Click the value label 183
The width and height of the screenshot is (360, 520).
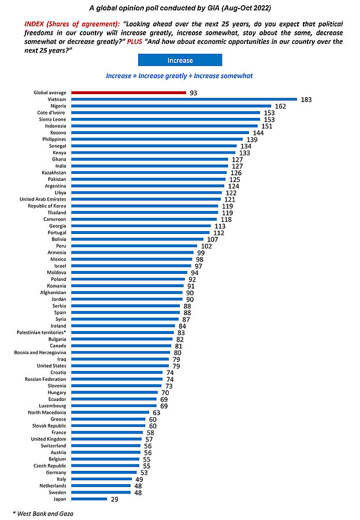pos(306,99)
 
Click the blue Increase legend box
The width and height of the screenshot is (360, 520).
pos(180,60)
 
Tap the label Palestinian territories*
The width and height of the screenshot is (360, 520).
pos(40,332)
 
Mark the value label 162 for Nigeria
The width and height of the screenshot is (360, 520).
pos(281,106)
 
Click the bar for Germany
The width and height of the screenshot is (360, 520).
pos(103,472)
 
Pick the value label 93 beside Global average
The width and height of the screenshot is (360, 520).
pos(194,92)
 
